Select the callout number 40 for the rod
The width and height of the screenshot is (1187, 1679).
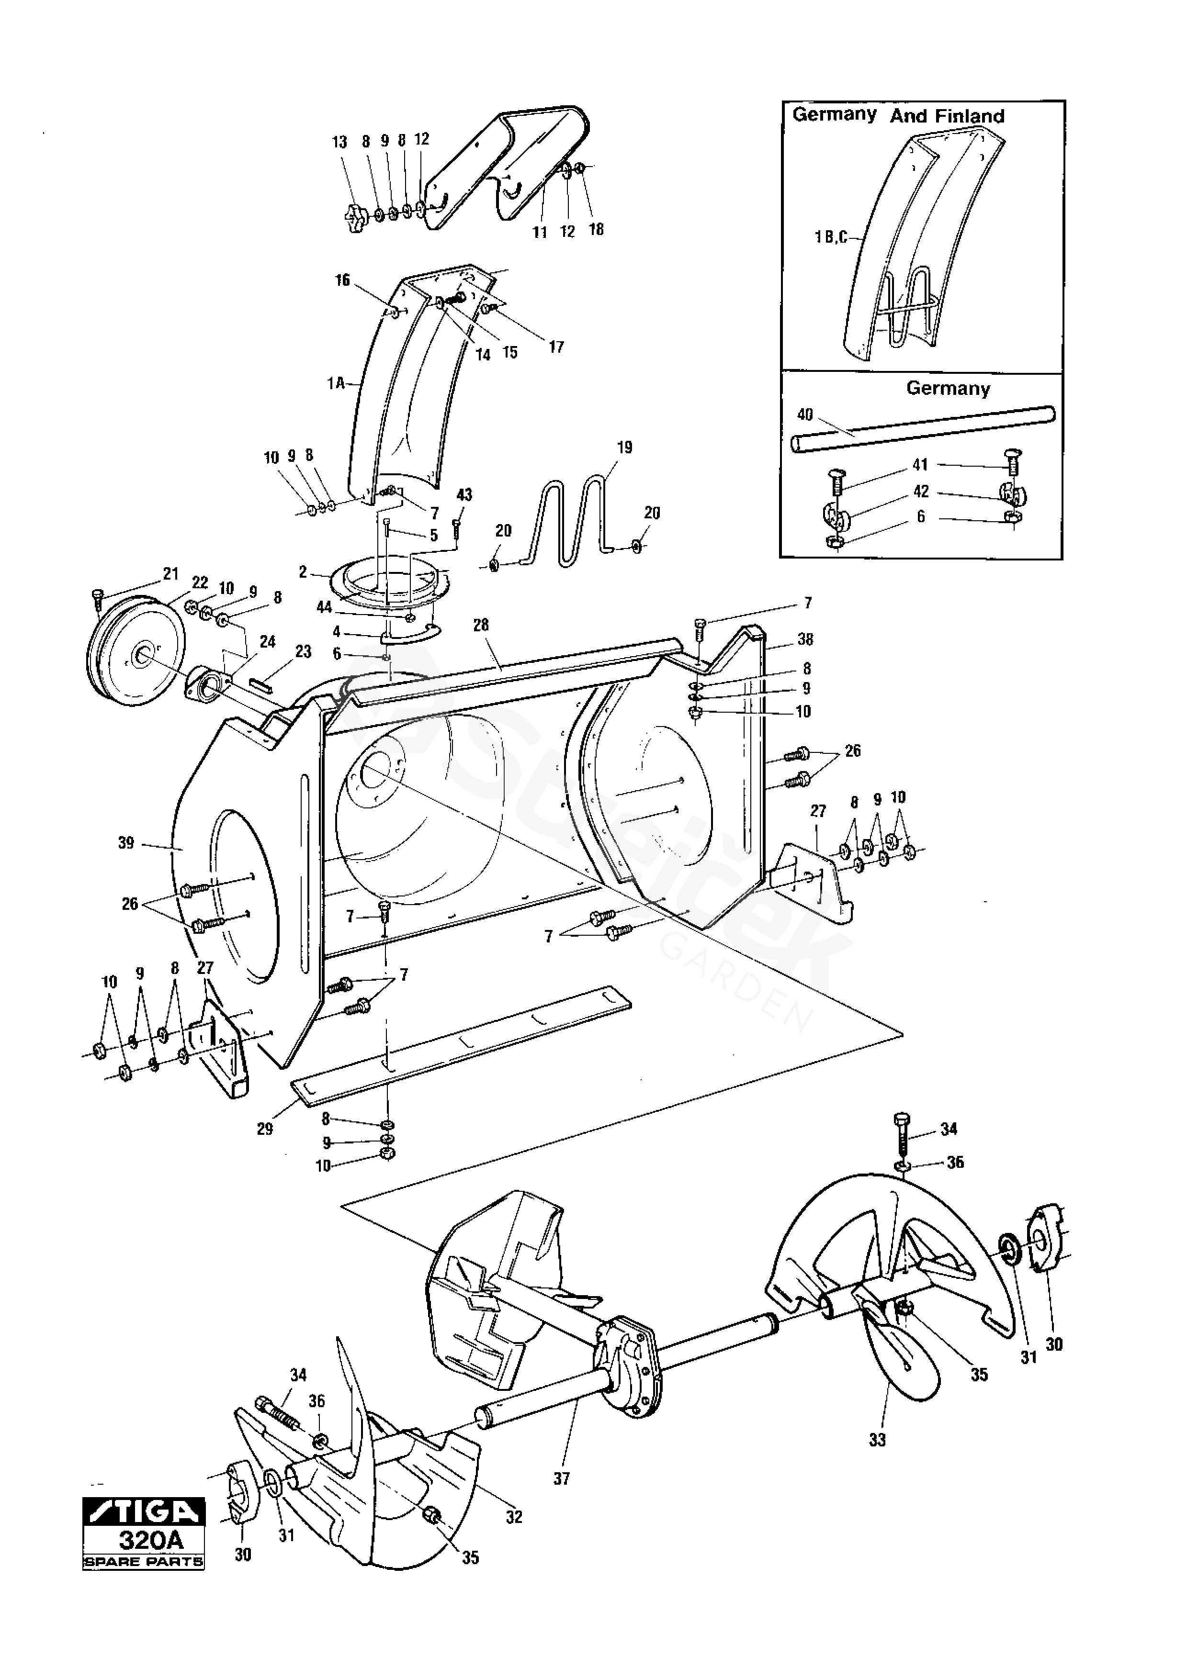(804, 414)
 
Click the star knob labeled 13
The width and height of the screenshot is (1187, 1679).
(357, 217)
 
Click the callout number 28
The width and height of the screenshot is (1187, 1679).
(481, 625)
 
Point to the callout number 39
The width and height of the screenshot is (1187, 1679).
(126, 843)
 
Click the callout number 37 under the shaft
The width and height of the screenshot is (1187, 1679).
(561, 1478)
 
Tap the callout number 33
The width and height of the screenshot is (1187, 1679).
(877, 1440)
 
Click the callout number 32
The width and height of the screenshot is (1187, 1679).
(514, 1517)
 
